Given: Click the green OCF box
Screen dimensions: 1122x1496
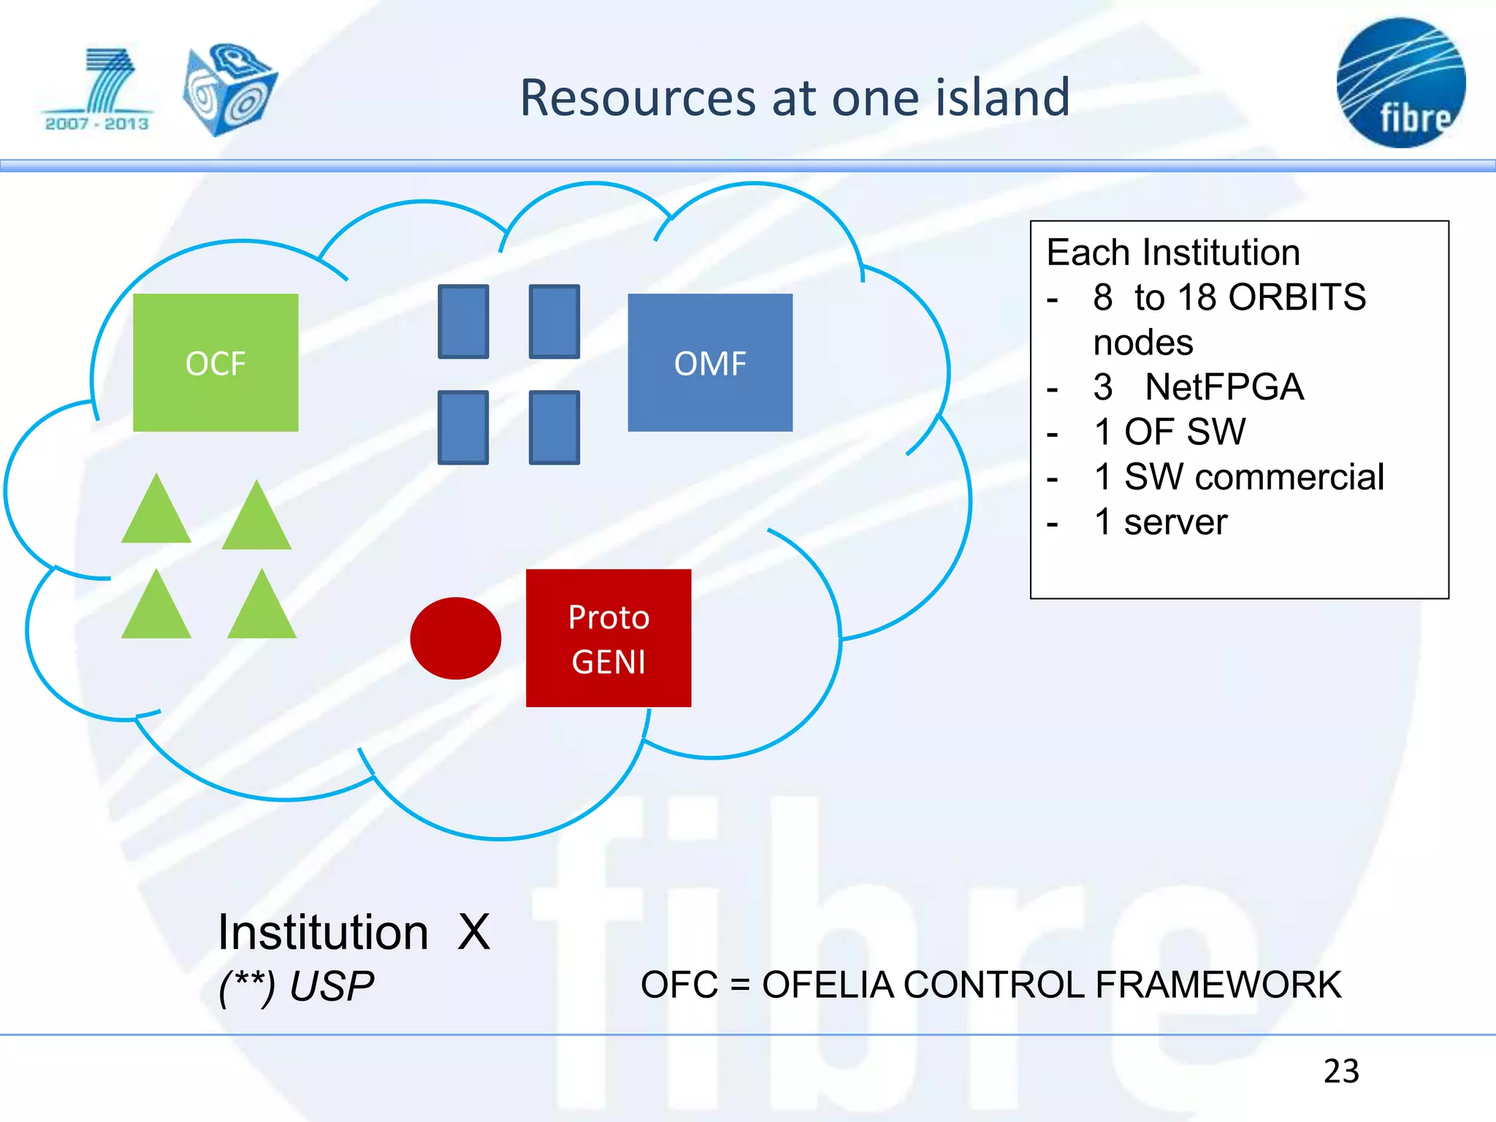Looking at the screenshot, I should click(x=215, y=362).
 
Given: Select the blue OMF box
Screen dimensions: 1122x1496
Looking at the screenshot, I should click(x=710, y=362).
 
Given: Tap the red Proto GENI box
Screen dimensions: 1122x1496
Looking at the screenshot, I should click(x=608, y=638).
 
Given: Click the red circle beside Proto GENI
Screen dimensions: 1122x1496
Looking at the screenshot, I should click(x=456, y=638).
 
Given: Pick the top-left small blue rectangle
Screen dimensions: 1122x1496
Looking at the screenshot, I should click(x=463, y=321).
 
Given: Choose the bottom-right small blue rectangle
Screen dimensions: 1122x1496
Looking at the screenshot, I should click(x=554, y=427).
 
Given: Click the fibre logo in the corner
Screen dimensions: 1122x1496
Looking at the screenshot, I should click(x=1400, y=83).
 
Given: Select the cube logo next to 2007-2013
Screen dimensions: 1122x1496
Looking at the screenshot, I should click(x=229, y=89).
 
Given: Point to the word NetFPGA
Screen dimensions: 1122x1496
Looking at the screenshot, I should click(x=1224, y=386).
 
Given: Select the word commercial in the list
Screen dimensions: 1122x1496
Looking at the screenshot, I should click(x=1289, y=477).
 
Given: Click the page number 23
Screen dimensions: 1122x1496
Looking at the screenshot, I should click(x=1341, y=1071).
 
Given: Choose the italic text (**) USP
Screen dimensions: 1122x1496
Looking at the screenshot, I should click(x=297, y=986).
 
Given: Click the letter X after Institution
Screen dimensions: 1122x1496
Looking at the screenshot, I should click(x=474, y=932).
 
